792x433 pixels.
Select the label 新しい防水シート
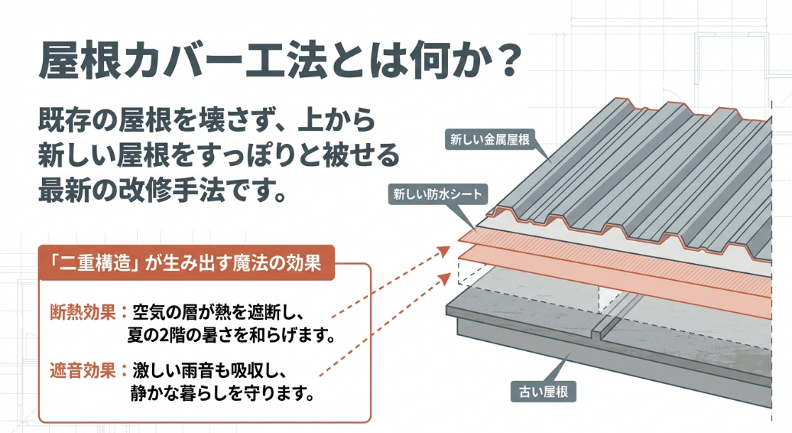tap(437, 194)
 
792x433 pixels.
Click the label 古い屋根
tap(543, 394)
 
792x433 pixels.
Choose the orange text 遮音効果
tap(82, 371)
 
